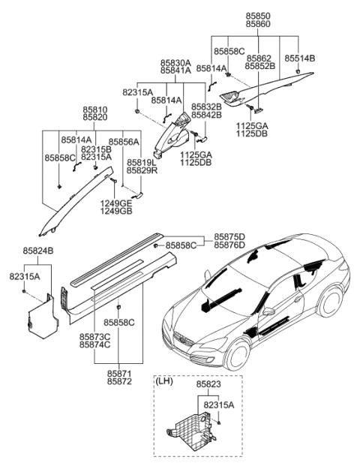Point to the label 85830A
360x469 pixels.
[175, 64]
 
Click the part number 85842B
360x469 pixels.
[205, 116]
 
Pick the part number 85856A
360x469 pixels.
[124, 140]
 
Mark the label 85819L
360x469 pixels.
[141, 162]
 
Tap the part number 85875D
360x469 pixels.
[229, 236]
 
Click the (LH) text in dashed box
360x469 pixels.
[165, 381]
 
